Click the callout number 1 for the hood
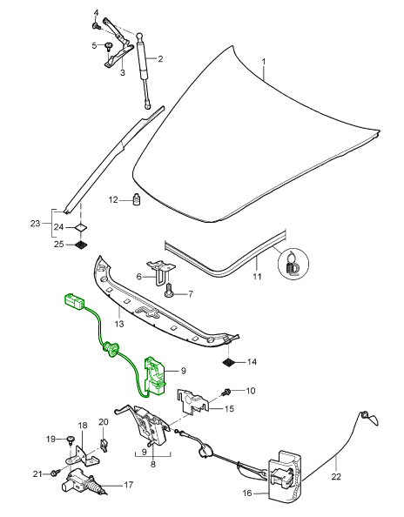point(264,62)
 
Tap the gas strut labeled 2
point(144,70)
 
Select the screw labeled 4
point(96,25)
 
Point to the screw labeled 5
point(108,46)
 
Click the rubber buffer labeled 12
point(137,198)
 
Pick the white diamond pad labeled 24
point(81,227)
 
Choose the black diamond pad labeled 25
point(81,245)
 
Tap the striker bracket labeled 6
point(160,269)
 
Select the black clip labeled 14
point(229,363)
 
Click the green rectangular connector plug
point(75,302)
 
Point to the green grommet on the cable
point(111,349)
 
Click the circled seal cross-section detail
point(293,264)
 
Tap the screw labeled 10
point(226,393)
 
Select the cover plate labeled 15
point(193,401)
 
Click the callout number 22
point(336,476)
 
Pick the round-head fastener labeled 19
point(71,440)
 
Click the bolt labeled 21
point(55,473)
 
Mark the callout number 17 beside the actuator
point(129,485)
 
